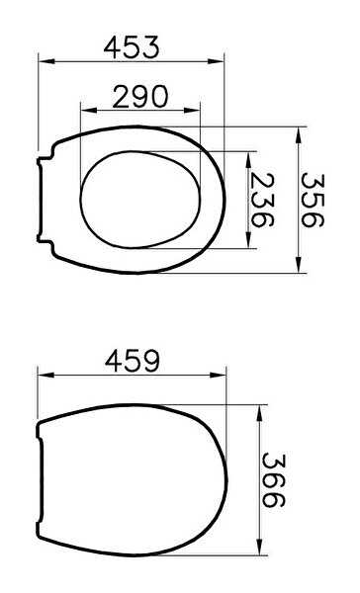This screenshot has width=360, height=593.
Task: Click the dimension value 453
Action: pos(132,47)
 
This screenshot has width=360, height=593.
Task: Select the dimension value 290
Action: pos(140,97)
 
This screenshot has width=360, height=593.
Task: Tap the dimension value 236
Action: pos(262,200)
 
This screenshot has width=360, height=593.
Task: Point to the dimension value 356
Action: pos(313,200)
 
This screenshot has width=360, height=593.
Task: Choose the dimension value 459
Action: pos(133,361)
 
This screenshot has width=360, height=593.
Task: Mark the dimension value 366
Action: pos(273,480)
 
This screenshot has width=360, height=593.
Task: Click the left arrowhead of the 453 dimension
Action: pos(46,61)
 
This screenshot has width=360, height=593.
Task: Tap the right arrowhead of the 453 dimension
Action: pos(216,61)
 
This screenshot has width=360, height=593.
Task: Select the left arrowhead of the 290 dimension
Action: pos(89,111)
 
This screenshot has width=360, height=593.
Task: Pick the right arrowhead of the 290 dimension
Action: pos(192,111)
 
